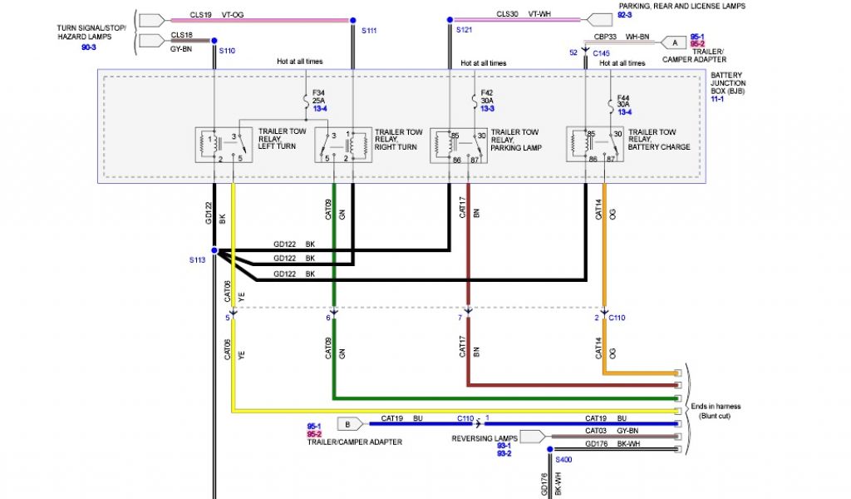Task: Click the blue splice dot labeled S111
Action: (x=353, y=18)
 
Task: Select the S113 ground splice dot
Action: (x=214, y=249)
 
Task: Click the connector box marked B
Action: (x=347, y=422)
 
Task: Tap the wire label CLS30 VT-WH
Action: (x=524, y=14)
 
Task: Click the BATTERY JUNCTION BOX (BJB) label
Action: (x=728, y=83)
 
